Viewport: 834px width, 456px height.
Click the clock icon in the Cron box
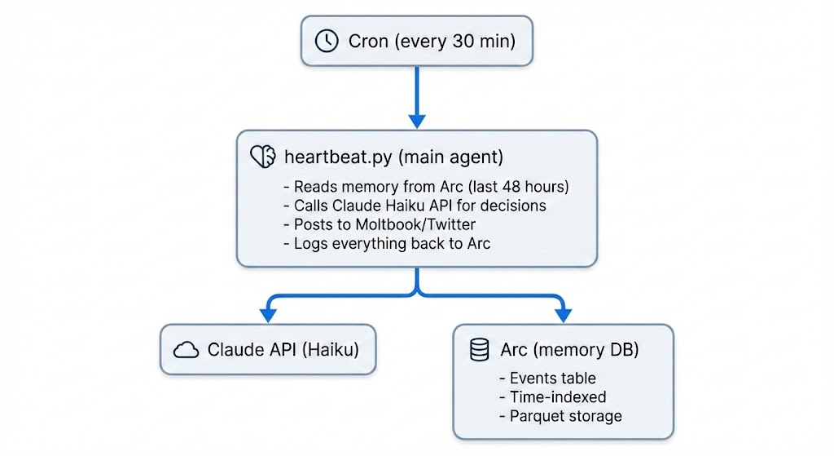coord(327,42)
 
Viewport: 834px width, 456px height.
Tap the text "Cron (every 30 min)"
coord(432,42)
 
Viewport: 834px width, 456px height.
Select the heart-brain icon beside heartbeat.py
coord(263,157)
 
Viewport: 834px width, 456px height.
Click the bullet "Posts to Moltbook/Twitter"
coord(378,224)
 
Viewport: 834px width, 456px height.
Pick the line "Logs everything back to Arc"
coord(386,243)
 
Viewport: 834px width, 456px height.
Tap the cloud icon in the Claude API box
coord(187,350)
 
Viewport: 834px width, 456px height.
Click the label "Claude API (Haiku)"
coord(283,350)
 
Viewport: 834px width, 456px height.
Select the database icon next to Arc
coord(480,351)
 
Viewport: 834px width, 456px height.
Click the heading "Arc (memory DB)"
coord(568,351)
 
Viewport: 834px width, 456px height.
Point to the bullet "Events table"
coord(546,379)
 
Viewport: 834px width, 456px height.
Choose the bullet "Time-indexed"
coord(551,397)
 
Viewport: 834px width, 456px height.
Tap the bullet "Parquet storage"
coord(560,416)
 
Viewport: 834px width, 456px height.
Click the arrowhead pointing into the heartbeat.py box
coord(417,121)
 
